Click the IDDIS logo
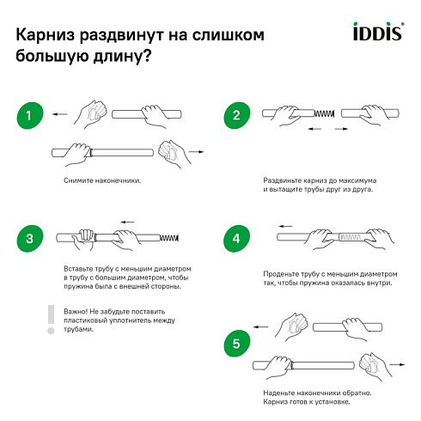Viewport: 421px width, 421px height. pos(379,31)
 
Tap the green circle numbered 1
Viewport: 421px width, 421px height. pos(30,115)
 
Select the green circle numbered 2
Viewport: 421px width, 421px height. pos(236,115)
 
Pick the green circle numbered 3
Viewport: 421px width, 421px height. pos(30,239)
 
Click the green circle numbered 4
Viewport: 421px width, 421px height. pos(236,239)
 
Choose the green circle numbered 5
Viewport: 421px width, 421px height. pos(236,344)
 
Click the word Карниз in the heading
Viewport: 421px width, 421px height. pos(45,35)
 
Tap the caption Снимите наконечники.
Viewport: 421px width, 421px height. pos(102,180)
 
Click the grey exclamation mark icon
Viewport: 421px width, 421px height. pos(51,320)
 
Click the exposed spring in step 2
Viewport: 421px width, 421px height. pos(325,113)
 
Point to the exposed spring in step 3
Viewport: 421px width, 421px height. pos(169,238)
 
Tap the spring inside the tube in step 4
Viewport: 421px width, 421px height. pos(350,237)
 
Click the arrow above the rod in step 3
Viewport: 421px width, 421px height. pos(127,222)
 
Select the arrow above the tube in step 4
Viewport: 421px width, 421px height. pos(286,226)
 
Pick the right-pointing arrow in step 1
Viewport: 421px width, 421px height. pos(196,152)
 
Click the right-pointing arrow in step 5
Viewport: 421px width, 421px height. pos(397,364)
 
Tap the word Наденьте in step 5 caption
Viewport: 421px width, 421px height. pos(278,393)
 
